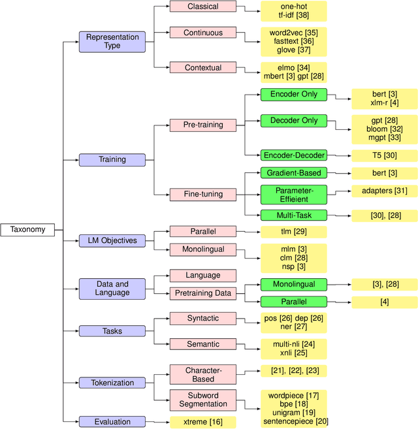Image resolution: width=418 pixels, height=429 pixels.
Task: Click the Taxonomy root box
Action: (27, 230)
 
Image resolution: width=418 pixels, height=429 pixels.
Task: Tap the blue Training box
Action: (112, 159)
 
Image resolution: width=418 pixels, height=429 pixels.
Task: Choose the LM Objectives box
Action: (112, 240)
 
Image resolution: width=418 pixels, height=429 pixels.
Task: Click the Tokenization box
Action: (112, 383)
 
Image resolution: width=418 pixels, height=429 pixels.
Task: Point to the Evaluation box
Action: (112, 422)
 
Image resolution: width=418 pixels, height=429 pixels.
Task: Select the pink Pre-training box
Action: (202, 124)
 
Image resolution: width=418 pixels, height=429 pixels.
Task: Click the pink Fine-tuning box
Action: (202, 194)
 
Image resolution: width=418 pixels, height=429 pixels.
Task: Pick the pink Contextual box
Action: (202, 67)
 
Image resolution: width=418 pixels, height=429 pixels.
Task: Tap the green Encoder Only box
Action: (293, 95)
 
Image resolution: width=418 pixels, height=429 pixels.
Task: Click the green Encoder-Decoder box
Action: (293, 155)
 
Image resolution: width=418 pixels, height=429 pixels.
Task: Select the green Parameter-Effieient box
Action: (293, 194)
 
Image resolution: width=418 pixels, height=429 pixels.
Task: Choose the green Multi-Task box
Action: (293, 215)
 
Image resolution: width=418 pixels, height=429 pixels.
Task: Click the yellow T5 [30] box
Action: (384, 155)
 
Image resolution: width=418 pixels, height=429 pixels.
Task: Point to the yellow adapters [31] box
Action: (384, 191)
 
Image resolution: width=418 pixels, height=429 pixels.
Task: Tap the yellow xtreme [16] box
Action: (202, 422)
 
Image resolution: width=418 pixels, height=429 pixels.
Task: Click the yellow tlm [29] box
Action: (293, 231)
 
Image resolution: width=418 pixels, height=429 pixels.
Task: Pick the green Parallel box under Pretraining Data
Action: (293, 302)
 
